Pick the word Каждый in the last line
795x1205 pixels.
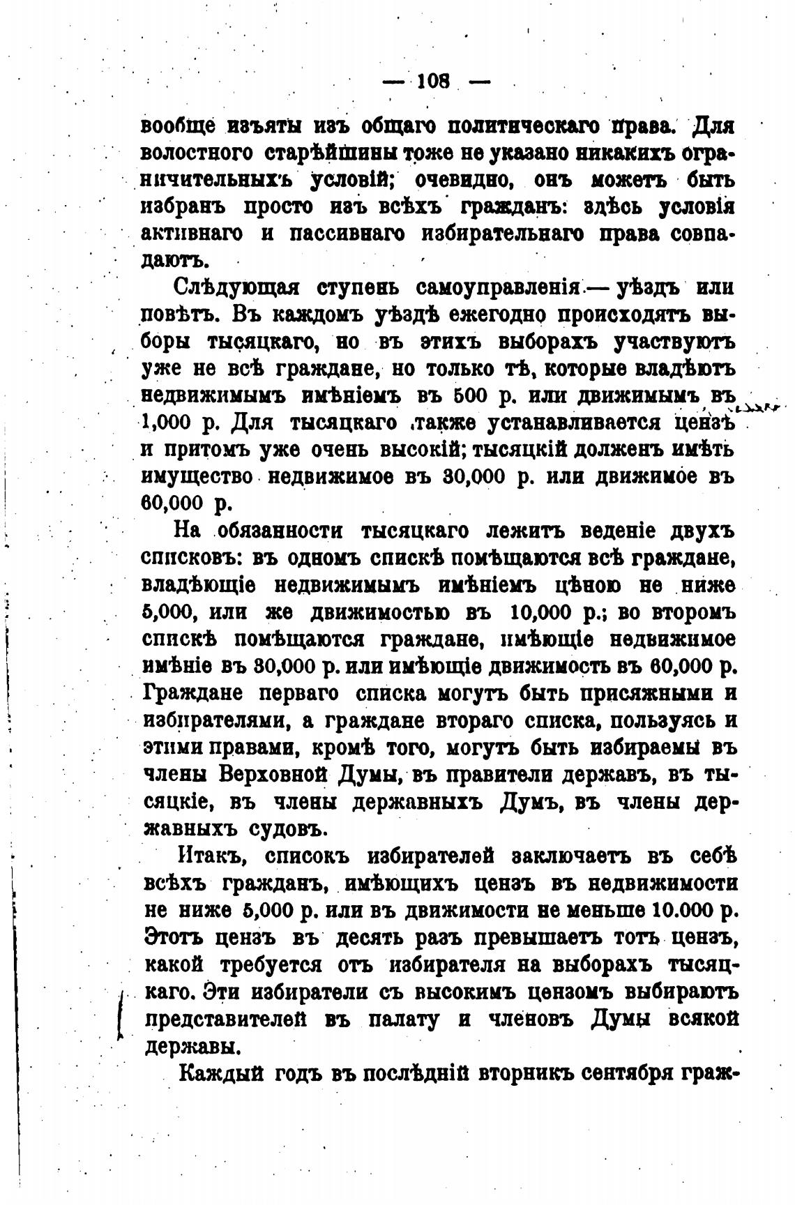(x=213, y=1073)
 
